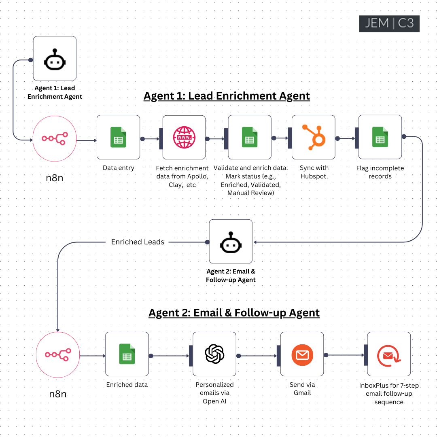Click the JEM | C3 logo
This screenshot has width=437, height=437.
tap(389, 23)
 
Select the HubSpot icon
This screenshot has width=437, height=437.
tap(314, 137)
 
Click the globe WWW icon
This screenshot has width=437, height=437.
tap(184, 137)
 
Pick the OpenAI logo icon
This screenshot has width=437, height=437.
tap(214, 354)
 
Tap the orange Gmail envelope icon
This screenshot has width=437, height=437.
tap(302, 354)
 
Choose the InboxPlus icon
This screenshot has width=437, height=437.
tap(389, 354)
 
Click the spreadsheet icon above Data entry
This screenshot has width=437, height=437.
tap(118, 137)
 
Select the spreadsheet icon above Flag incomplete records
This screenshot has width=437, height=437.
tap(380, 137)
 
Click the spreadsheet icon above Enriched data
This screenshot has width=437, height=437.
tap(127, 354)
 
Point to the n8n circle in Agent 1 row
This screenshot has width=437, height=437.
tap(54, 138)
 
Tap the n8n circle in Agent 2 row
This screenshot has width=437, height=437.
tap(58, 355)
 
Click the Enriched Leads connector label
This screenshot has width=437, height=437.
tap(138, 242)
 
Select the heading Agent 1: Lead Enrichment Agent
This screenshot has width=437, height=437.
tap(227, 96)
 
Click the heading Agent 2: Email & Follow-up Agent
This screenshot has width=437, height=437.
tap(234, 313)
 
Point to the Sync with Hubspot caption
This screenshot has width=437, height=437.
tap(314, 172)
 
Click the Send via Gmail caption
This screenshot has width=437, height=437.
tap(302, 388)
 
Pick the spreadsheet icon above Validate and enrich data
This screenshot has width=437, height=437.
tap(250, 137)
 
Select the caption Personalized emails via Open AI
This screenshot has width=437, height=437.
tap(214, 393)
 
